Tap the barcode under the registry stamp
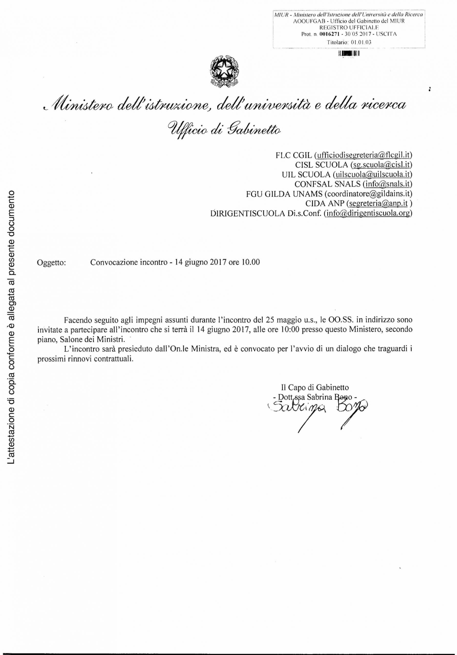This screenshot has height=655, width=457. pos(348,54)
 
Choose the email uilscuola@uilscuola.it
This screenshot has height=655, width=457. pos(371,174)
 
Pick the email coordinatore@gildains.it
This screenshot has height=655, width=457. pos(368,194)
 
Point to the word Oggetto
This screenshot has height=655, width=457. pos(52,263)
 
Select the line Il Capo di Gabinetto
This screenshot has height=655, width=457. pos(315,387)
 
